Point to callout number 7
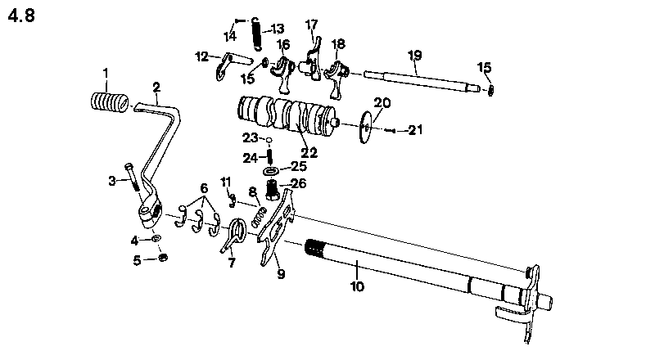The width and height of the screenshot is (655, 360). [x=231, y=263]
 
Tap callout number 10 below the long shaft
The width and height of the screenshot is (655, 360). [x=357, y=287]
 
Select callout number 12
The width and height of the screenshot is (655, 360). [x=201, y=56]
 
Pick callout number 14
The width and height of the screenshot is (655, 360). [x=230, y=36]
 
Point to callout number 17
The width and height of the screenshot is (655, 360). [x=311, y=25]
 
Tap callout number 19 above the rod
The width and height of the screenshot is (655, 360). [x=414, y=55]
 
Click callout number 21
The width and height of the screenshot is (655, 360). [x=416, y=130]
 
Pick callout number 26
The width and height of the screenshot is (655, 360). [x=297, y=184]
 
